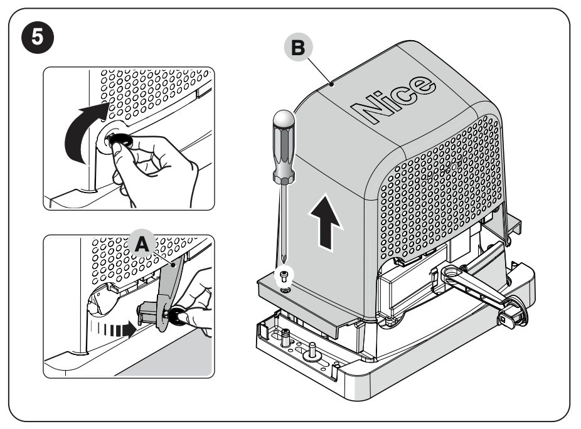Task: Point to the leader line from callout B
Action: (x=319, y=69)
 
